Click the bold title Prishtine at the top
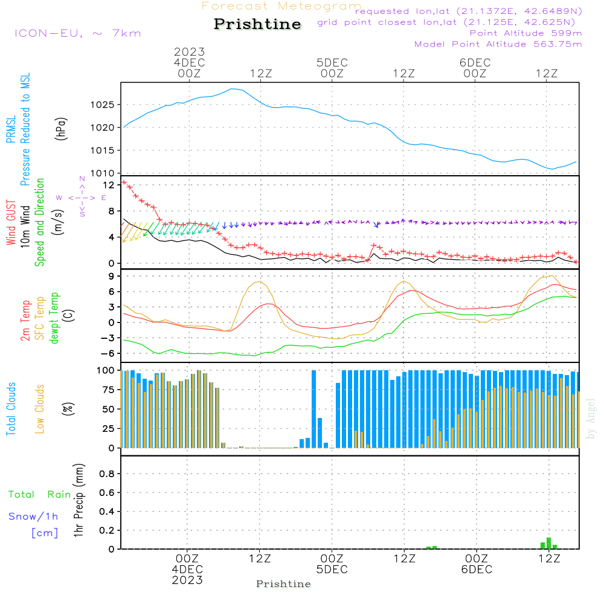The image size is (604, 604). point(257,24)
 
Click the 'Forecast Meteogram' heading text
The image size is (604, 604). point(281,7)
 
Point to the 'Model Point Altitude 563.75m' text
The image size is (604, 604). point(498,43)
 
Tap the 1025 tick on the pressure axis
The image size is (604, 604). point(103,105)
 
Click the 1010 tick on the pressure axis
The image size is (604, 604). point(103,173)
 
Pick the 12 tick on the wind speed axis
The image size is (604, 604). point(109,185)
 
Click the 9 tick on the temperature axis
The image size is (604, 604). point(112,276)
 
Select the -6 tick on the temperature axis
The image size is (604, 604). point(109,353)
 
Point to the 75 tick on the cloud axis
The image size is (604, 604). point(107,390)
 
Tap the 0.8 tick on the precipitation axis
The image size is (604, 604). point(107,474)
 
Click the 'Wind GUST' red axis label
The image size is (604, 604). point(11,223)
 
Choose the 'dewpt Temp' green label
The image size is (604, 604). point(54,318)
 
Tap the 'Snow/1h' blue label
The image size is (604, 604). point(34,516)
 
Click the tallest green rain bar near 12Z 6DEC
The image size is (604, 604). point(548,542)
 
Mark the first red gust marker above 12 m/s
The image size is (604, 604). point(124,182)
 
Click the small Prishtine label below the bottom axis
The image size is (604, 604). point(283,584)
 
